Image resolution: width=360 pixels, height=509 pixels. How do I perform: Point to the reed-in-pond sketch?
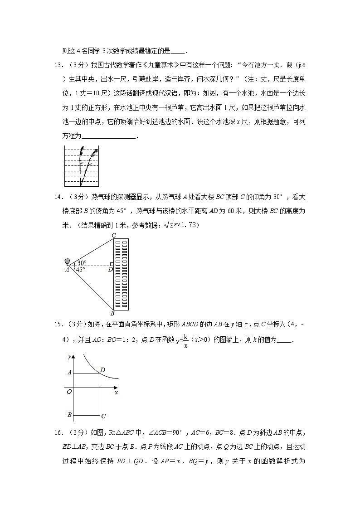coord(81,166)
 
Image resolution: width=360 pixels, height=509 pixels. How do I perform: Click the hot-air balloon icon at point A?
coord(68,262)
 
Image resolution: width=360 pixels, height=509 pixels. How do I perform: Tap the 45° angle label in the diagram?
coord(80,270)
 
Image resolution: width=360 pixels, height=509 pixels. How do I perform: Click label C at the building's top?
coord(113,235)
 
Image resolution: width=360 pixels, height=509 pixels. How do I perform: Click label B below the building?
coord(112,313)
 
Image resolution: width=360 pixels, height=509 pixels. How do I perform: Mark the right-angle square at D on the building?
coord(112,264)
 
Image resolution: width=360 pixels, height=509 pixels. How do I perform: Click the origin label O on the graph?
coord(69,392)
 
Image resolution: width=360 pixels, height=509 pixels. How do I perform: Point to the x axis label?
coord(116,393)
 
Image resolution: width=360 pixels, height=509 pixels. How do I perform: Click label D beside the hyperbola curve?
coord(103,370)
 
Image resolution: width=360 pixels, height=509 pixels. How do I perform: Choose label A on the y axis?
coord(69,373)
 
